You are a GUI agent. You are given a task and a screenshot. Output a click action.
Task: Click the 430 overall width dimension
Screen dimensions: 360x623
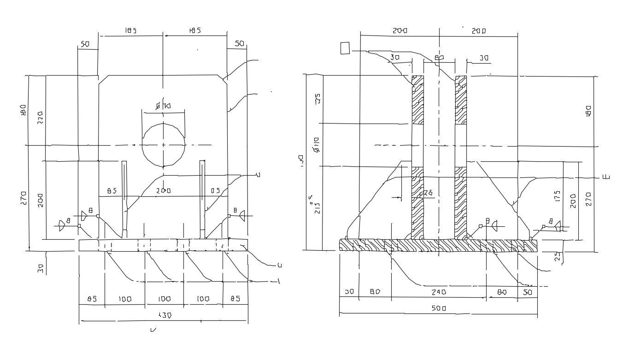point(165,316)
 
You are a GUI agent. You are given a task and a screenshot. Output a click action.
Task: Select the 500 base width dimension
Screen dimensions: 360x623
point(438,308)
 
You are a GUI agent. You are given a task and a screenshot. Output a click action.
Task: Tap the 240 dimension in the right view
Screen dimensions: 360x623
point(438,292)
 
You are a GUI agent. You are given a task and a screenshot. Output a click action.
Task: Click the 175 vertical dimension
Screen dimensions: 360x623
point(557,196)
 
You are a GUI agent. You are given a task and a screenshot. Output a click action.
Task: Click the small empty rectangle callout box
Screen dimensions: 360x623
point(345,48)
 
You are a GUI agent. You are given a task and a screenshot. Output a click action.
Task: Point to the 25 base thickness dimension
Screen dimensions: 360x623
point(558,257)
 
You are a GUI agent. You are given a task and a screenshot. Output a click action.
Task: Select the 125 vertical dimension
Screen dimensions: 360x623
point(317,99)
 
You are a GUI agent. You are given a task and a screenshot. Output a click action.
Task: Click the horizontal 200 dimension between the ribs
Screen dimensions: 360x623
point(163,190)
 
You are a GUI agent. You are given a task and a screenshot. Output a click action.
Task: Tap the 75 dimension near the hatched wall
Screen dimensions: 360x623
point(428,193)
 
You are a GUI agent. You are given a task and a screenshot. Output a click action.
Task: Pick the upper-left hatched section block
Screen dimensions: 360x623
point(417,100)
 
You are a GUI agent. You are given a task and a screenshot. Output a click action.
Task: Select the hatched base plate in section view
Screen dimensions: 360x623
point(438,245)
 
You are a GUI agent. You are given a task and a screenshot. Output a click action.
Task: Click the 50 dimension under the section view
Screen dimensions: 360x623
point(527,292)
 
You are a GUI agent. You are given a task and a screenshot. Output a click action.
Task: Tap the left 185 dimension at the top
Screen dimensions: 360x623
point(130,31)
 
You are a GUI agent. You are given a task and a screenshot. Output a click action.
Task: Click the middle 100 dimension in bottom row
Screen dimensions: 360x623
point(165,299)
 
